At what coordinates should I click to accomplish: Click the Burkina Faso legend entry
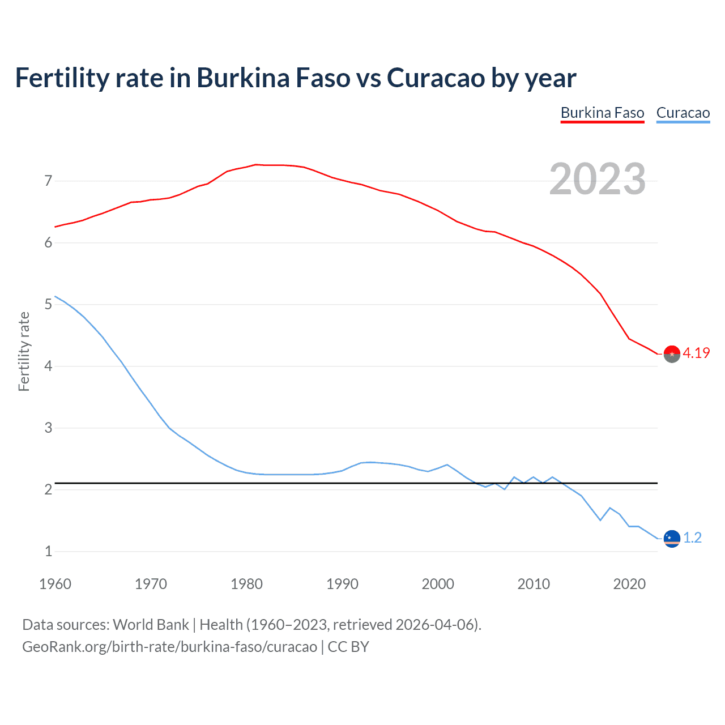pyautogui.click(x=602, y=113)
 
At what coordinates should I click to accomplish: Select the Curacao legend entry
pyautogui.click(x=683, y=113)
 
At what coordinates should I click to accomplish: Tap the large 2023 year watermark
pyautogui.click(x=597, y=179)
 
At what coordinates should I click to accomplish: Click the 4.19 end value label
pyautogui.click(x=696, y=353)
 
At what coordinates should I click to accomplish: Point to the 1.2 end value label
pyautogui.click(x=692, y=538)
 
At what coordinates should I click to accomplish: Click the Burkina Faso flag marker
pyautogui.click(x=671, y=354)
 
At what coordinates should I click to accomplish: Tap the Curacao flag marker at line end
pyautogui.click(x=671, y=539)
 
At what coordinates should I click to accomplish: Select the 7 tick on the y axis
pyautogui.click(x=48, y=181)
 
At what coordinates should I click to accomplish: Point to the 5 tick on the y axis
pyautogui.click(x=48, y=305)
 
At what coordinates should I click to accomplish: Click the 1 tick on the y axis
pyautogui.click(x=48, y=551)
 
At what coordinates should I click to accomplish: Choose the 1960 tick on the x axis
pyautogui.click(x=55, y=584)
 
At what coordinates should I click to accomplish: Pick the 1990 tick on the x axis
pyautogui.click(x=342, y=584)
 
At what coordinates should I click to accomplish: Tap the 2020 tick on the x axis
pyautogui.click(x=629, y=584)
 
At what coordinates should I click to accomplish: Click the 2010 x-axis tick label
pyautogui.click(x=534, y=584)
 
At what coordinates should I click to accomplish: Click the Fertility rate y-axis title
pyautogui.click(x=24, y=351)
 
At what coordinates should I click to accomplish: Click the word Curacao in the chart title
pyautogui.click(x=436, y=78)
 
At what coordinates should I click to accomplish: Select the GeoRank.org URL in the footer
pyautogui.click(x=169, y=647)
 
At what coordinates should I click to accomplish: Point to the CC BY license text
pyautogui.click(x=348, y=647)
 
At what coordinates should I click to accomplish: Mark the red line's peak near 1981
pyautogui.click(x=255, y=164)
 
